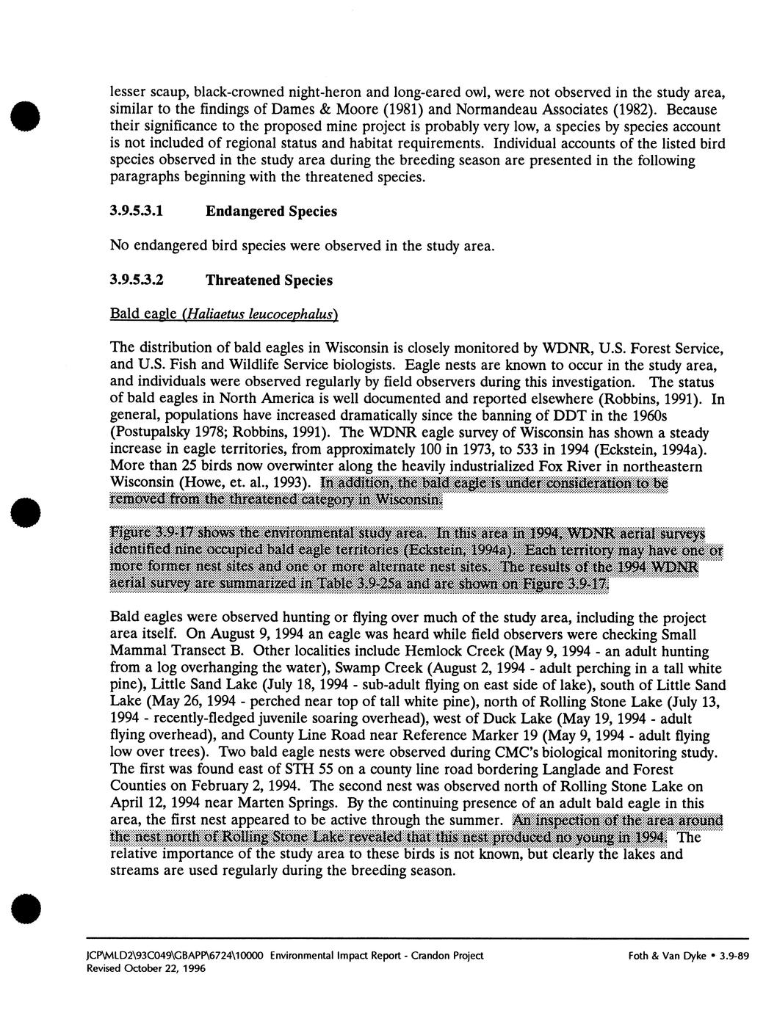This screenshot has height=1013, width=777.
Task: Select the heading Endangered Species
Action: (x=271, y=211)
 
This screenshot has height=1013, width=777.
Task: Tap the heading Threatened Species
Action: (x=269, y=280)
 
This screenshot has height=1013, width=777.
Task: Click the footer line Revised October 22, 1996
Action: (x=158, y=968)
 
